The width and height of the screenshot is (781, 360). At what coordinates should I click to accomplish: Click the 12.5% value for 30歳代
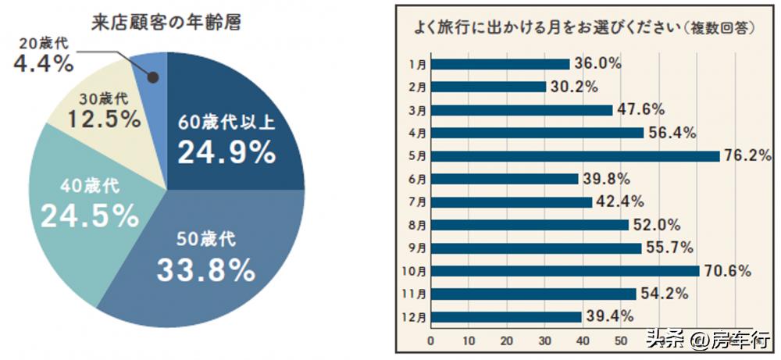(103, 119)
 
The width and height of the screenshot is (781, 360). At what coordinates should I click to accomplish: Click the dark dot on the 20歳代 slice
(153, 77)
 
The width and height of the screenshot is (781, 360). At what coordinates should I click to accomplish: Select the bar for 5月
(575, 155)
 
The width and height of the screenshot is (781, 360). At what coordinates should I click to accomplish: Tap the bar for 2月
(488, 87)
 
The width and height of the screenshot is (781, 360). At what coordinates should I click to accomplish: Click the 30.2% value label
(574, 87)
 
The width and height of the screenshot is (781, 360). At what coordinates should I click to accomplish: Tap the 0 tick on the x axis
(430, 341)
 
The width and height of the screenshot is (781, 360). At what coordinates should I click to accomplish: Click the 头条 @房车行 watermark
(707, 340)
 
